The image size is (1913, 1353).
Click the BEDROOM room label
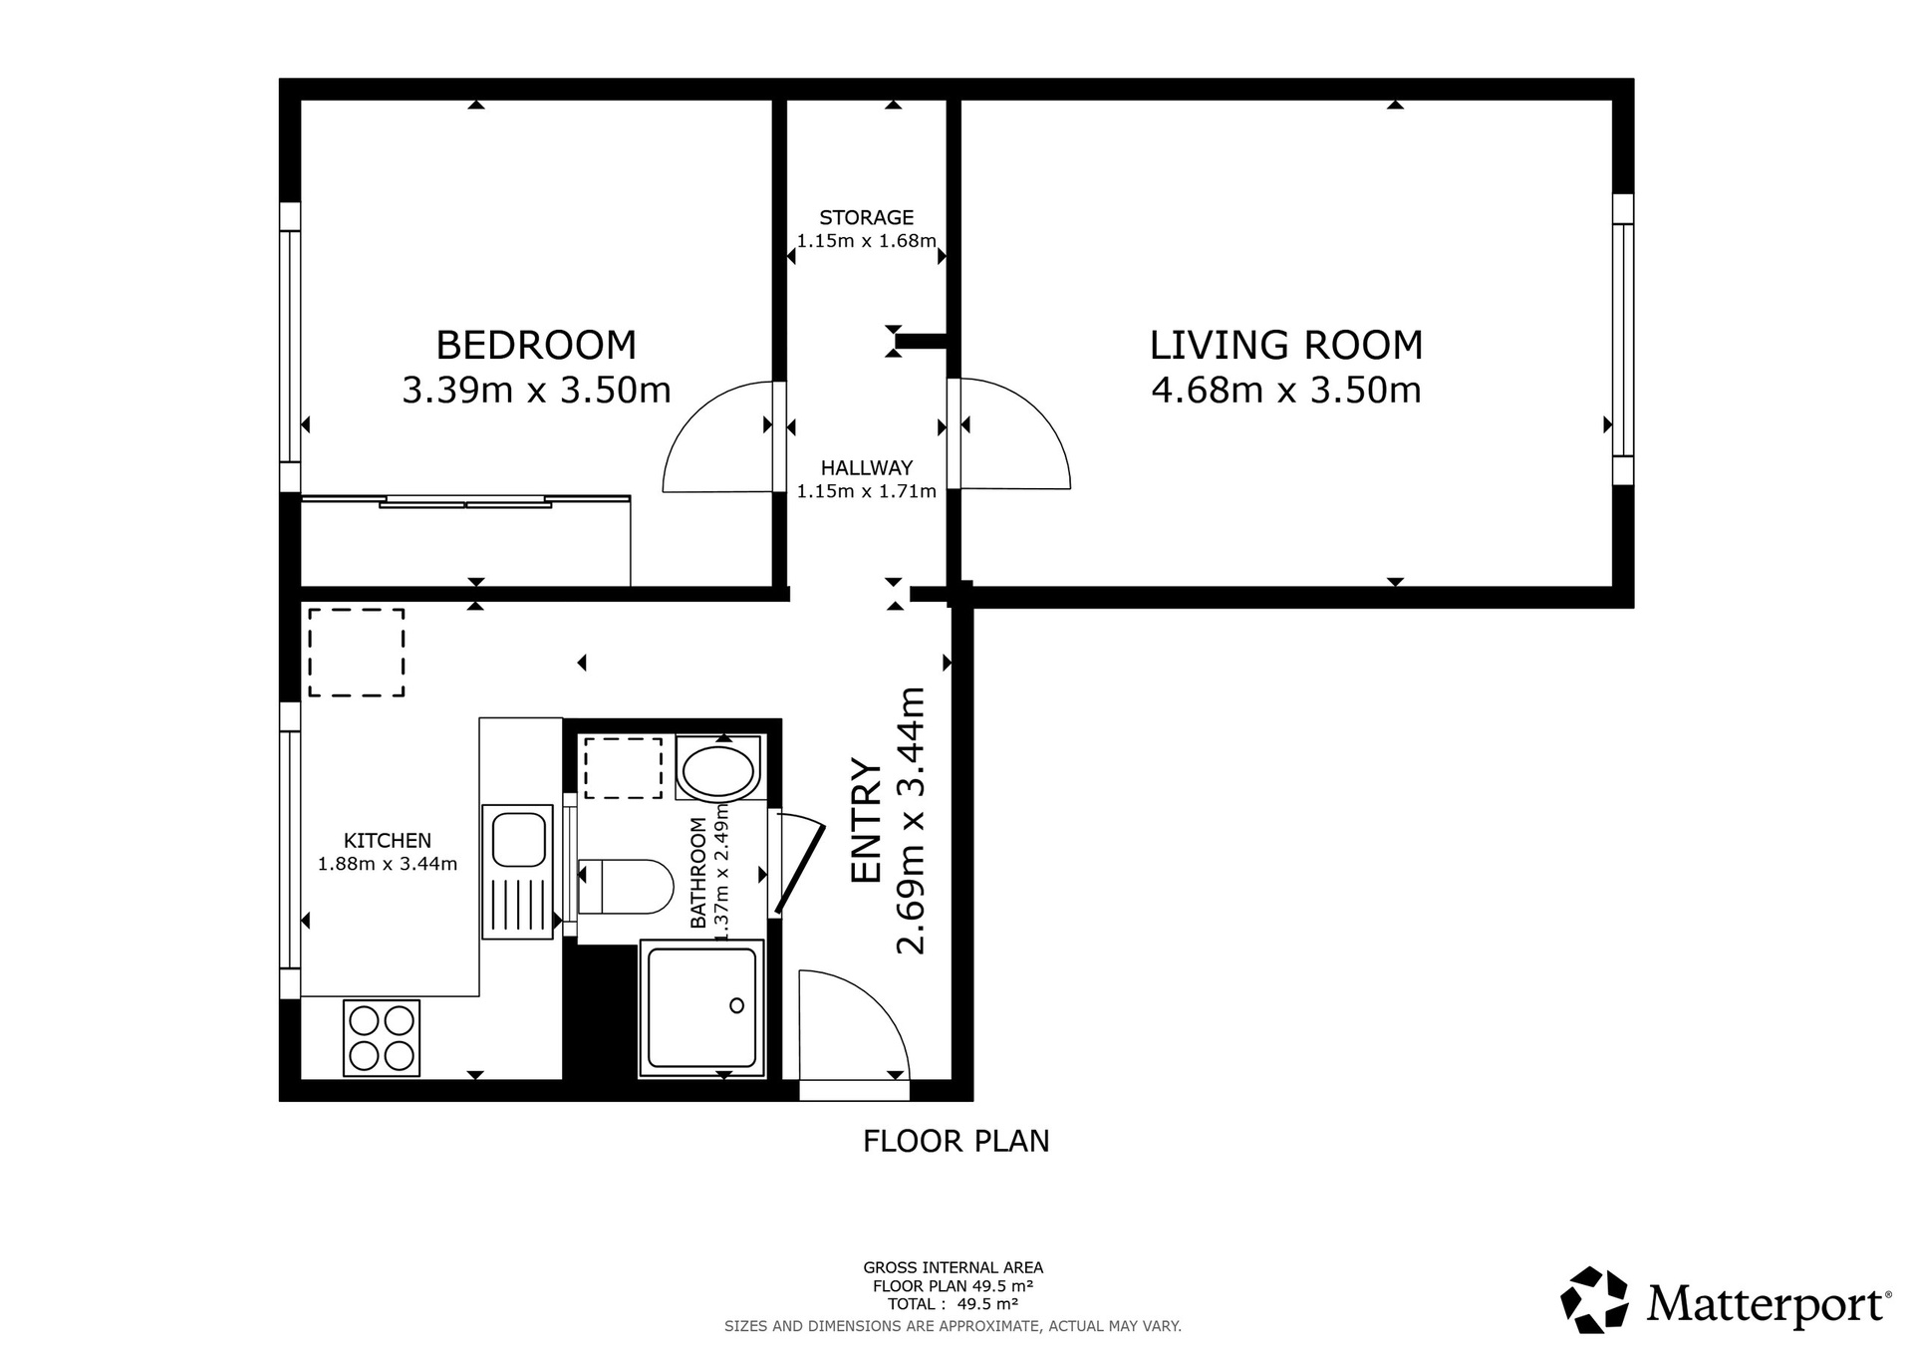click(x=536, y=345)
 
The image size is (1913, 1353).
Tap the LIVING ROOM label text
click(x=1285, y=345)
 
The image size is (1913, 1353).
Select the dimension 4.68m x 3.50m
click(x=1285, y=390)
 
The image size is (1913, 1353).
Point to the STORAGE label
click(x=866, y=217)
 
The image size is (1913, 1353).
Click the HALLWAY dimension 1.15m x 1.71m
click(x=866, y=491)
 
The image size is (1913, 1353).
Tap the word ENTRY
click(x=867, y=821)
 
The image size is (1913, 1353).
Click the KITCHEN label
click(x=387, y=841)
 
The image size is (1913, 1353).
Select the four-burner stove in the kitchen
click(x=381, y=1037)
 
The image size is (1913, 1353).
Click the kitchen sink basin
click(x=518, y=838)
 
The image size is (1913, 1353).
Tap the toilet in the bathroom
click(x=626, y=887)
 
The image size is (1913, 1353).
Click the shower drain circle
click(x=737, y=1005)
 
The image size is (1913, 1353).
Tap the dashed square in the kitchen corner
click(x=356, y=653)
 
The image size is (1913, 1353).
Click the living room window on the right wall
click(x=1622, y=339)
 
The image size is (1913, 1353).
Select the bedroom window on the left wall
click(x=290, y=346)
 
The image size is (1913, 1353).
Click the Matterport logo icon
click(x=1594, y=1299)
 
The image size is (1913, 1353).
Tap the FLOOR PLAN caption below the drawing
click(x=956, y=1141)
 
